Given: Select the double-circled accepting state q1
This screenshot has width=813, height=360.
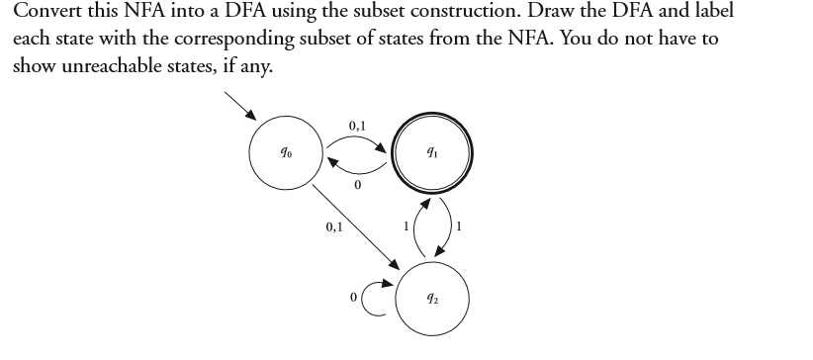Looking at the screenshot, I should pyautogui.click(x=433, y=155).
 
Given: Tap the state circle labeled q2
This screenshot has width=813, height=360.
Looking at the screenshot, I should pyautogui.click(x=433, y=300).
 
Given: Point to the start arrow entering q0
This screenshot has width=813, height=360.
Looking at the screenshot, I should pyautogui.click(x=241, y=108).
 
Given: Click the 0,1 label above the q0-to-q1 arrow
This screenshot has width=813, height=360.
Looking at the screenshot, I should pyautogui.click(x=358, y=124).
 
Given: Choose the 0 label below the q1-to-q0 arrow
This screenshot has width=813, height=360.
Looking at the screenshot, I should pyautogui.click(x=357, y=185).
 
